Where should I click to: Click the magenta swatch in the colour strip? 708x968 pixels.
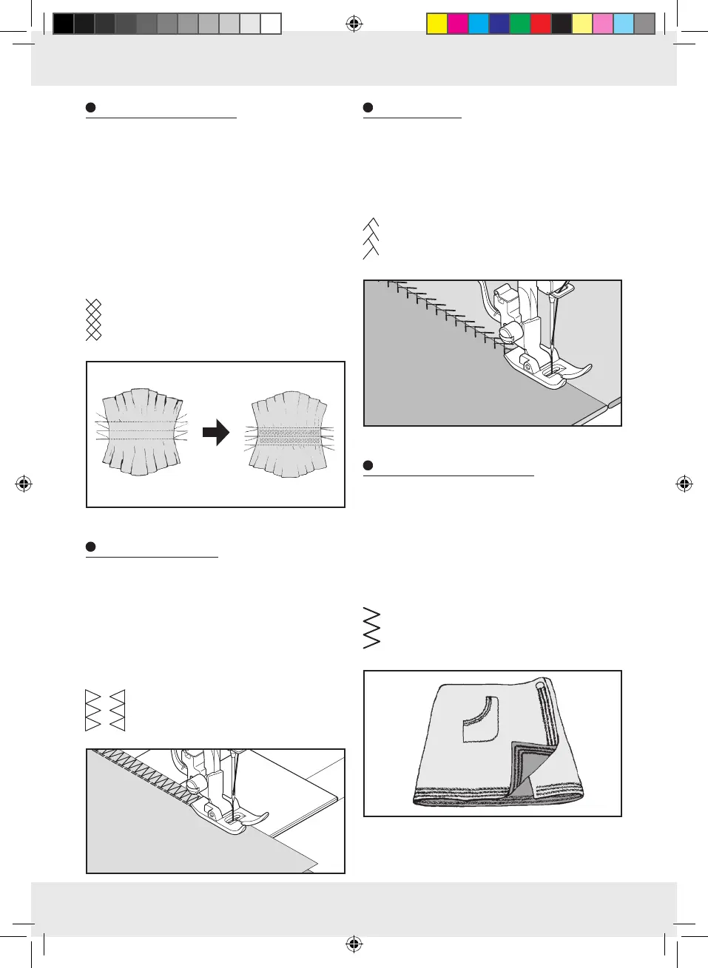[458, 24]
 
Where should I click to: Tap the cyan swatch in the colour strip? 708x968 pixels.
[479, 24]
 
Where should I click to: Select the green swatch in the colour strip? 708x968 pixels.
[520, 24]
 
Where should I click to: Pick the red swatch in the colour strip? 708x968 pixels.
[541, 24]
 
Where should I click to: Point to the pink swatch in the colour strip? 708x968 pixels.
[603, 24]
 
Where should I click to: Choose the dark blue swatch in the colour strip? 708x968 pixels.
[499, 24]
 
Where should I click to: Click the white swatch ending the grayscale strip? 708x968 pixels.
[271, 24]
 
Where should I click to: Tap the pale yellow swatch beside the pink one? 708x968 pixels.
[582, 24]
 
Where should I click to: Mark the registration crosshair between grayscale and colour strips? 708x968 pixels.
[354, 24]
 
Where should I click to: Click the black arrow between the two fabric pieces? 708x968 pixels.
[216, 433]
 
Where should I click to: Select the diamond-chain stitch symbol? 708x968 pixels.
[93, 319]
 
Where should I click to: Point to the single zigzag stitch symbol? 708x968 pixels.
[371, 629]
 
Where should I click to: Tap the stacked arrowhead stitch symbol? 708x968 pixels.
[371, 239]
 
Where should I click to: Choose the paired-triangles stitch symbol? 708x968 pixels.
[105, 711]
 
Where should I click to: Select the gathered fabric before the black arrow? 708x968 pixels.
[143, 431]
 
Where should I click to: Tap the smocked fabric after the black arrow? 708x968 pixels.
[289, 434]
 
